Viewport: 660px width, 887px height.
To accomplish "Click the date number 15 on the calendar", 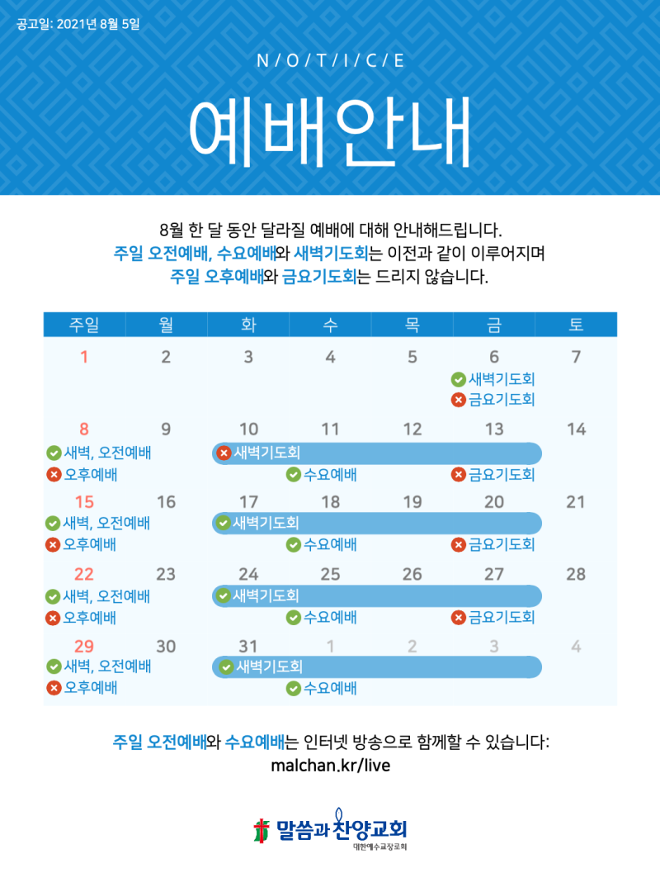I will click(84, 501).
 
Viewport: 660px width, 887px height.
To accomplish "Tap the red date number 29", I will click(84, 646).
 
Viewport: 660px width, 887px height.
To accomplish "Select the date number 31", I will click(248, 646).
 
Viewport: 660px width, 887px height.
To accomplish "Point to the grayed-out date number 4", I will click(576, 646).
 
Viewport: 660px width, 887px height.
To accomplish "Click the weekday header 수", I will click(330, 325).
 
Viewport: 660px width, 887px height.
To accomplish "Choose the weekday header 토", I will click(576, 325).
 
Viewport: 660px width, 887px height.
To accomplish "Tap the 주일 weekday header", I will click(84, 325).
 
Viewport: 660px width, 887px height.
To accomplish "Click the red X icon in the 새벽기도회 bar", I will click(223, 453).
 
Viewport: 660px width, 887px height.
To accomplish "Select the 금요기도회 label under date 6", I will click(502, 400).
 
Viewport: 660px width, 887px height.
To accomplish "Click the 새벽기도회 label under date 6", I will click(502, 379).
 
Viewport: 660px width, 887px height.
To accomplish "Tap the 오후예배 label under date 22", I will click(90, 617).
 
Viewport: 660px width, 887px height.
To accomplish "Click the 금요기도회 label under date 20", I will click(502, 544).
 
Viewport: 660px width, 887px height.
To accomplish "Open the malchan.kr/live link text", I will click(330, 766).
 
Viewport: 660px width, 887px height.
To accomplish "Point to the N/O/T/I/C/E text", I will click(330, 61).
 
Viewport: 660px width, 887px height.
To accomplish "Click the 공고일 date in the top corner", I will click(78, 23).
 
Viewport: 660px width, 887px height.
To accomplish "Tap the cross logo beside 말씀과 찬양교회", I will click(262, 829).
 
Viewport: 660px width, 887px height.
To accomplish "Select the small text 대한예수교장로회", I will click(379, 847).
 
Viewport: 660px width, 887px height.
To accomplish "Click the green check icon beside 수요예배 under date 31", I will click(293, 689).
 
